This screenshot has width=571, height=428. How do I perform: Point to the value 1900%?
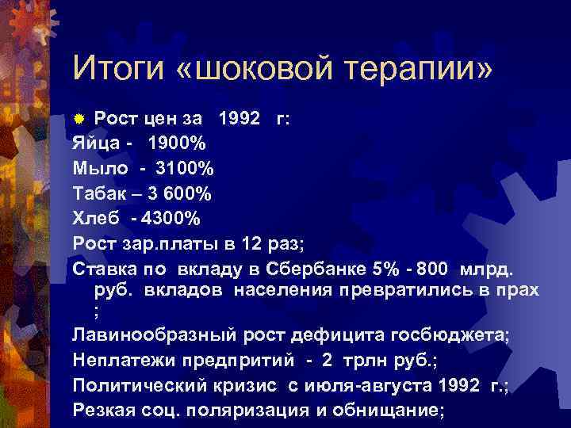[x=176, y=144]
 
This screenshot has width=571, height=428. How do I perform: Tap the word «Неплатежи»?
[x=122, y=361]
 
